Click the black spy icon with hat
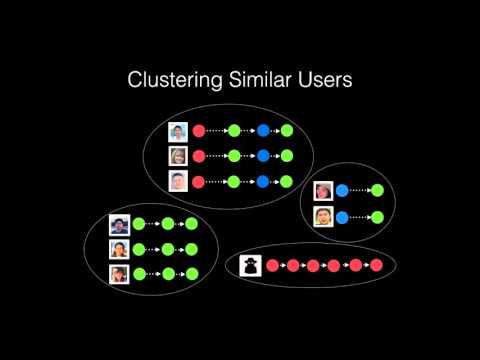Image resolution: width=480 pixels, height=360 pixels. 249,264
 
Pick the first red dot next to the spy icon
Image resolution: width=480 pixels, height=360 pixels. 272,265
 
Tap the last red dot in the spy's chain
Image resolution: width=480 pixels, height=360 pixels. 376,265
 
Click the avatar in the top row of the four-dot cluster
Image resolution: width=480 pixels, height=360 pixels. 178,130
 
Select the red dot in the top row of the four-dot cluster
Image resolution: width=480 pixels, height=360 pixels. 199,130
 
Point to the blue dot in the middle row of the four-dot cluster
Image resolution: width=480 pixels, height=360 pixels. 264,156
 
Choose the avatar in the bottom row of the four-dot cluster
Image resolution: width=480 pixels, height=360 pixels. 178,181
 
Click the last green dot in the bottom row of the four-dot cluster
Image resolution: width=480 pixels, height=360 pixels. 287,181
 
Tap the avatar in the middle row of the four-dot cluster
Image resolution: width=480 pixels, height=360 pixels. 178,156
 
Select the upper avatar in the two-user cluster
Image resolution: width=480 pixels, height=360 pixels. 322,190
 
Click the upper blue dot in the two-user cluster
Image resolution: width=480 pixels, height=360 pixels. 342,190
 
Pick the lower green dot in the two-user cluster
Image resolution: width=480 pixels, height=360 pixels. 377,216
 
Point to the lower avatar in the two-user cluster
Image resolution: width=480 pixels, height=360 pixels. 322,216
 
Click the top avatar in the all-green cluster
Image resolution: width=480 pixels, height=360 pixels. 119,224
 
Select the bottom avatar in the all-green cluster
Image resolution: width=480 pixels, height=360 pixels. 119,274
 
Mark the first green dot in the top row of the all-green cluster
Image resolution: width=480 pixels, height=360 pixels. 139,224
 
